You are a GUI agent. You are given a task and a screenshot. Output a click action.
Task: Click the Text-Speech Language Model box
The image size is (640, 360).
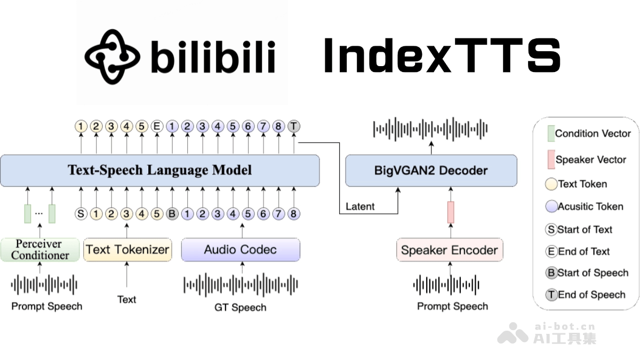[x=159, y=171]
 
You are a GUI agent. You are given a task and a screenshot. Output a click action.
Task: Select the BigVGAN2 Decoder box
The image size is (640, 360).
[x=431, y=171]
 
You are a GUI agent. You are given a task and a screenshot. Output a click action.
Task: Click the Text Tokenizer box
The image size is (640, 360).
[x=127, y=250]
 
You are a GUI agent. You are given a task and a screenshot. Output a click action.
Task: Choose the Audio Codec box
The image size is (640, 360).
[x=240, y=250]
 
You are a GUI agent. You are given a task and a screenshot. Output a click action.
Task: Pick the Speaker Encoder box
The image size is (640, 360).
[x=449, y=250]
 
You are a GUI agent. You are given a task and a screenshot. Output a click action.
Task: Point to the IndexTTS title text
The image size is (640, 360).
[x=442, y=55]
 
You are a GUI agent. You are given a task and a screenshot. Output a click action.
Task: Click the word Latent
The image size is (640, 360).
[x=360, y=206]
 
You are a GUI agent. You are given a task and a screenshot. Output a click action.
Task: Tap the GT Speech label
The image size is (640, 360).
[x=240, y=307]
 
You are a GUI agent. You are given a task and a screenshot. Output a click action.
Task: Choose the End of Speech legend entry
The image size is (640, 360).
[x=586, y=294]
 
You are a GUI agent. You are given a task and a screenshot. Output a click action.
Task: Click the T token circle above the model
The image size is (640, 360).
[x=294, y=126]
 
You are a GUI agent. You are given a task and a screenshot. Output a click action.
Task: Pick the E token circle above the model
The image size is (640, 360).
[x=157, y=126]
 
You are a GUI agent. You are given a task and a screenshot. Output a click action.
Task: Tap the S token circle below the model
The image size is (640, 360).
[x=81, y=214]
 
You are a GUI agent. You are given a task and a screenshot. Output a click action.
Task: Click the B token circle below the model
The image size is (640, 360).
[x=172, y=214]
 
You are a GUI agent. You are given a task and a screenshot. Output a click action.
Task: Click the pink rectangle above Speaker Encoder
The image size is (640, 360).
[x=451, y=212]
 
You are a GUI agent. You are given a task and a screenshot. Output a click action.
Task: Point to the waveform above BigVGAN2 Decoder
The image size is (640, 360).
[x=430, y=129]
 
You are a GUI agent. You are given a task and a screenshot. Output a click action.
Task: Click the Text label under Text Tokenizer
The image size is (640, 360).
[x=127, y=299]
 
